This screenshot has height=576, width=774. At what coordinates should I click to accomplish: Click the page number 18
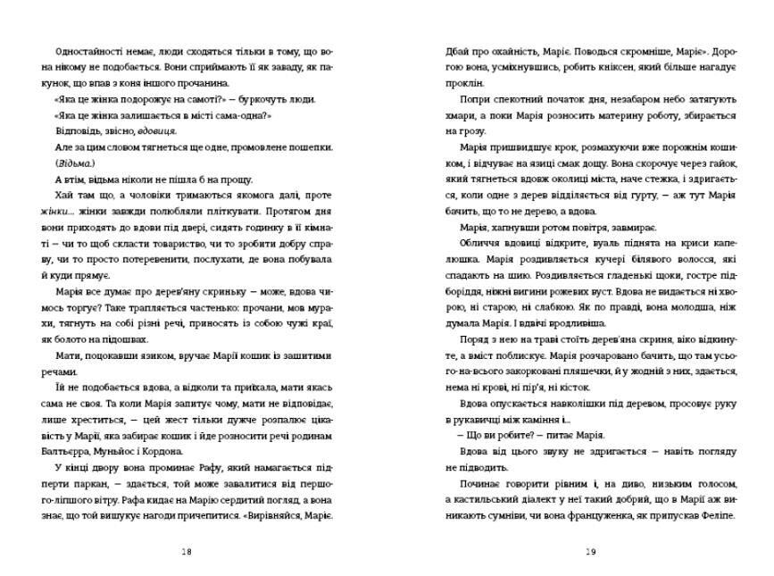[186, 552]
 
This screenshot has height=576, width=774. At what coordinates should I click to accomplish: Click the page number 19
[591, 552]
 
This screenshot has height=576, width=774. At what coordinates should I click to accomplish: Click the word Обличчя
[482, 244]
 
